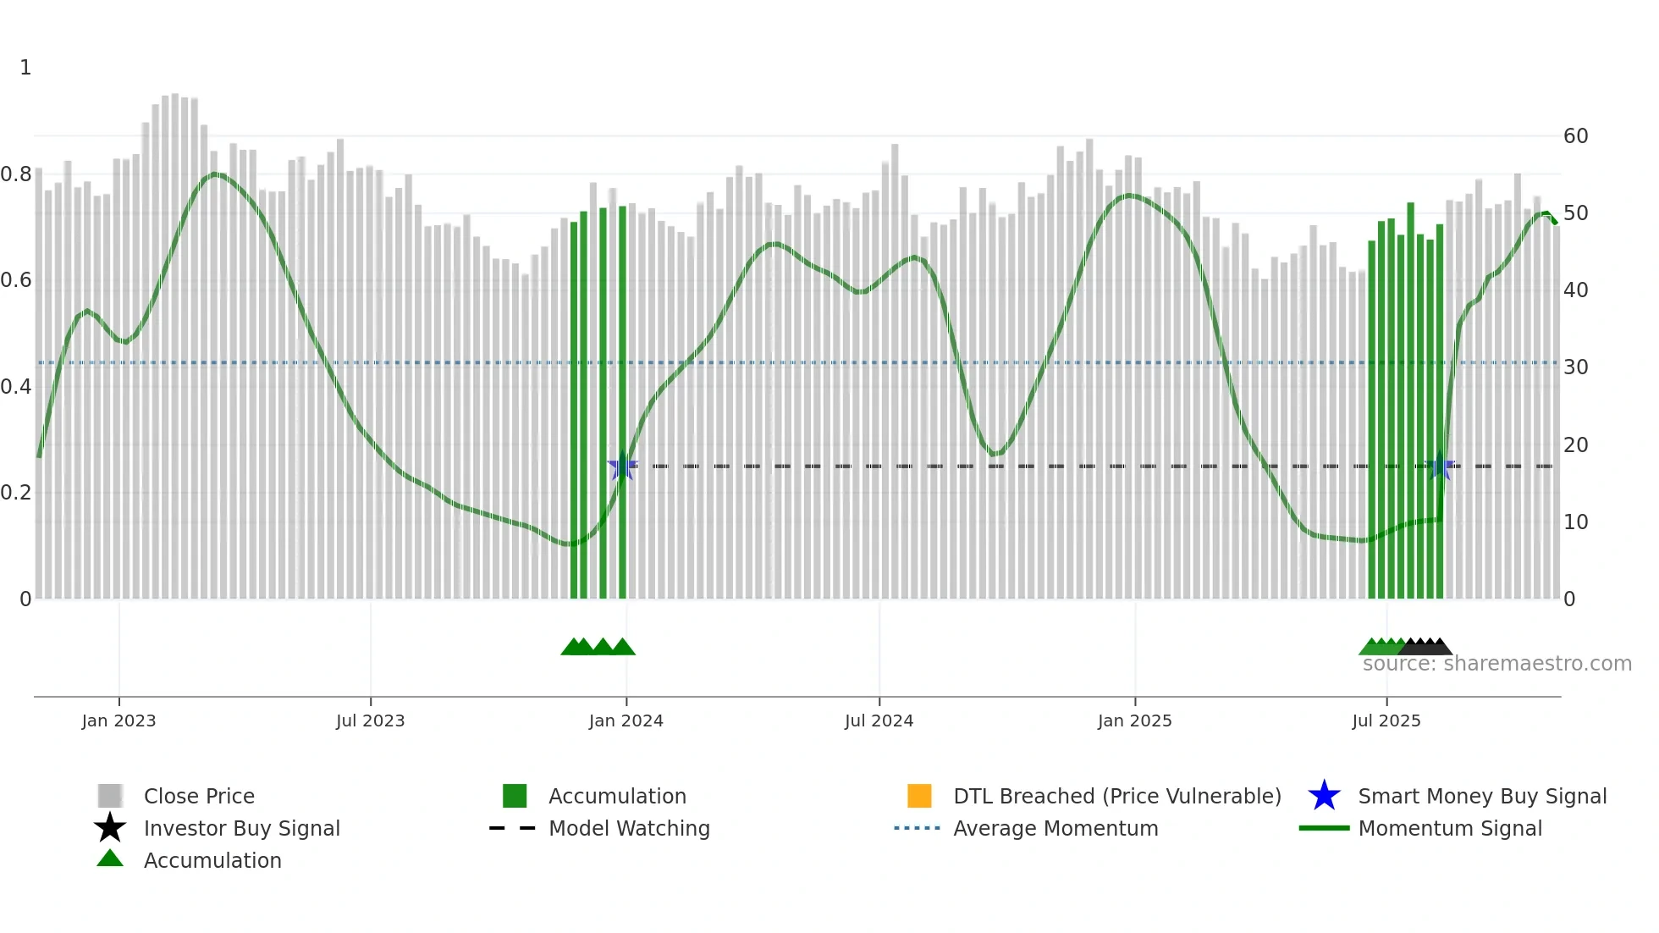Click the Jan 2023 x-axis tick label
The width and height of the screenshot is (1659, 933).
pyautogui.click(x=118, y=720)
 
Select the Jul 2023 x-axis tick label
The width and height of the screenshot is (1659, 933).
pyautogui.click(x=370, y=720)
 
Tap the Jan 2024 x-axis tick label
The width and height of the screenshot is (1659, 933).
pyautogui.click(x=626, y=720)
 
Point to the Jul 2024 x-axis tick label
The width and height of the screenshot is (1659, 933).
pyautogui.click(x=879, y=720)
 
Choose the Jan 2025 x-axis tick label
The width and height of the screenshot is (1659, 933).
pyautogui.click(x=1134, y=720)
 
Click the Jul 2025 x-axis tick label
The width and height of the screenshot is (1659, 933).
pyautogui.click(x=1386, y=720)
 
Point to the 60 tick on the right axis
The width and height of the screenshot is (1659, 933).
pyautogui.click(x=1575, y=136)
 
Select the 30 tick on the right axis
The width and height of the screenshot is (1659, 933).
pyautogui.click(x=1575, y=367)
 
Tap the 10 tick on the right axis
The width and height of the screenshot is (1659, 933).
pyautogui.click(x=1575, y=522)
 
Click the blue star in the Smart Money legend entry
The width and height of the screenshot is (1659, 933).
pyautogui.click(x=1324, y=796)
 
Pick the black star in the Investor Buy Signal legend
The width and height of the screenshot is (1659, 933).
pyautogui.click(x=110, y=828)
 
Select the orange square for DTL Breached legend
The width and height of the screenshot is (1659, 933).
pyautogui.click(x=919, y=796)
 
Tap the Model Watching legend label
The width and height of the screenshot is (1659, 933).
pyautogui.click(x=629, y=828)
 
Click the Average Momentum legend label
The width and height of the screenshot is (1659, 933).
pyautogui.click(x=1055, y=828)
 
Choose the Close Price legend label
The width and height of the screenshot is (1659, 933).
pyautogui.click(x=199, y=796)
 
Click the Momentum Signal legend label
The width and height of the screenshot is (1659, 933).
pyautogui.click(x=1450, y=828)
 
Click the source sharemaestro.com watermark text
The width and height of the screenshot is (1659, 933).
pyautogui.click(x=1496, y=664)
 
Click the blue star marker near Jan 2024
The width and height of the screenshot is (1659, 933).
pyautogui.click(x=622, y=466)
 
